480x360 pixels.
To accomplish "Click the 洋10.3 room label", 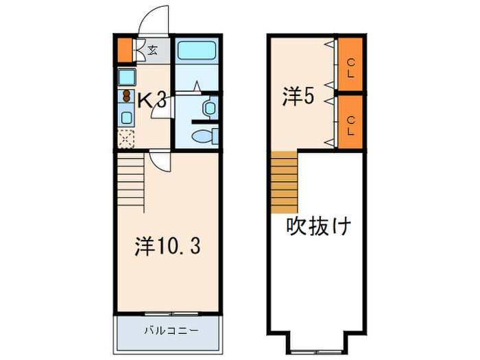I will [167, 245].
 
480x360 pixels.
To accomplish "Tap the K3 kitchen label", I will [152, 100].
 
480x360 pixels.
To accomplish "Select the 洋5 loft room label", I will [298, 97].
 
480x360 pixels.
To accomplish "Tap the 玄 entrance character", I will [152, 49].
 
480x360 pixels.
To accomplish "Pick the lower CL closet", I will [350, 123].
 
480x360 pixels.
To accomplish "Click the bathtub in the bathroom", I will [195, 51].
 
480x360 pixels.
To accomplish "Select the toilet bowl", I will [204, 137].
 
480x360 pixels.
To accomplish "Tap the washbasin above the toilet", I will [209, 108].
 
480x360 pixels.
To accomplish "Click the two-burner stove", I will [127, 95].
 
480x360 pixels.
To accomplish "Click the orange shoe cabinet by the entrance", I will [123, 50].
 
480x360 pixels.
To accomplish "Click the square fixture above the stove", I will [127, 76].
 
